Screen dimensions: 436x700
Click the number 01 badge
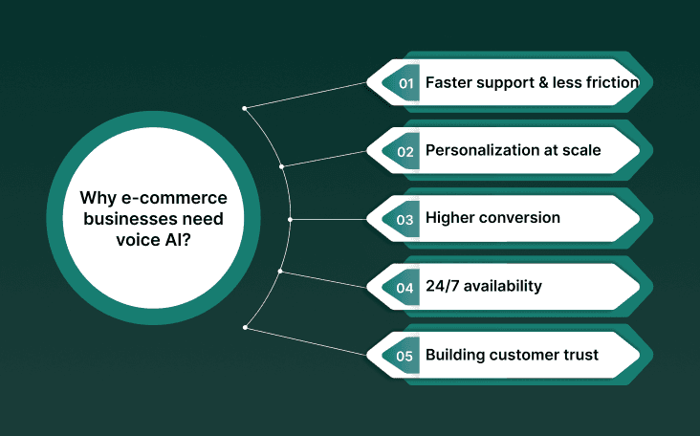pyautogui.click(x=405, y=83)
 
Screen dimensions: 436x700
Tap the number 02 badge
pyautogui.click(x=405, y=151)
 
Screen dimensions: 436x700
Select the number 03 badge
pyautogui.click(x=405, y=219)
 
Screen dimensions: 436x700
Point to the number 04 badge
pyautogui.click(x=405, y=287)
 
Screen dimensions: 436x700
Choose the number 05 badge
pyautogui.click(x=405, y=356)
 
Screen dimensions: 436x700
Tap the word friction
pyautogui.click(x=607, y=83)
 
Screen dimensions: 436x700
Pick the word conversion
pyautogui.click(x=521, y=219)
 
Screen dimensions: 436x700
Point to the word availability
pyautogui.click(x=508, y=287)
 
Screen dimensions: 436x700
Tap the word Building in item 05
pyautogui.click(x=455, y=356)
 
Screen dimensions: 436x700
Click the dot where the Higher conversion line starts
pyautogui.click(x=290, y=219)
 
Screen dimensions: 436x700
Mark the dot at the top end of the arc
pyautogui.click(x=246, y=107)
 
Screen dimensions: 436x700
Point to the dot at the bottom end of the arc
pyautogui.click(x=246, y=328)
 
